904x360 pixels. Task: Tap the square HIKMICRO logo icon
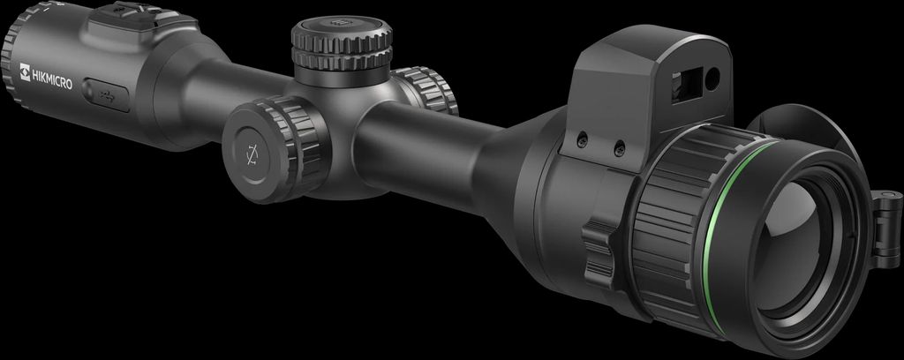click(25, 72)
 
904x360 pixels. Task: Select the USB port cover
click(106, 94)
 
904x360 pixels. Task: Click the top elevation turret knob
click(342, 43)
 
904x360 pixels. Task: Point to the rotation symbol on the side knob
click(252, 154)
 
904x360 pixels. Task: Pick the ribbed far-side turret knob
click(426, 89)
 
